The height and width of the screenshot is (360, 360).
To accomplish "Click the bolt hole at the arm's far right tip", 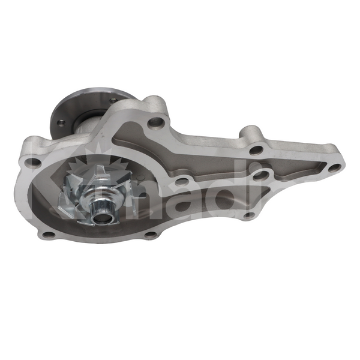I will click(x=334, y=168).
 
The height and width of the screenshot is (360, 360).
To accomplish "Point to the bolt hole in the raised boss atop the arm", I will click(x=256, y=150).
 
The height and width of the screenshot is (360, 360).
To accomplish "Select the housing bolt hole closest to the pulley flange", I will click(x=155, y=122).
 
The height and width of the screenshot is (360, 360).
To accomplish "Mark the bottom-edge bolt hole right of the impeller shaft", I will click(x=150, y=234).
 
